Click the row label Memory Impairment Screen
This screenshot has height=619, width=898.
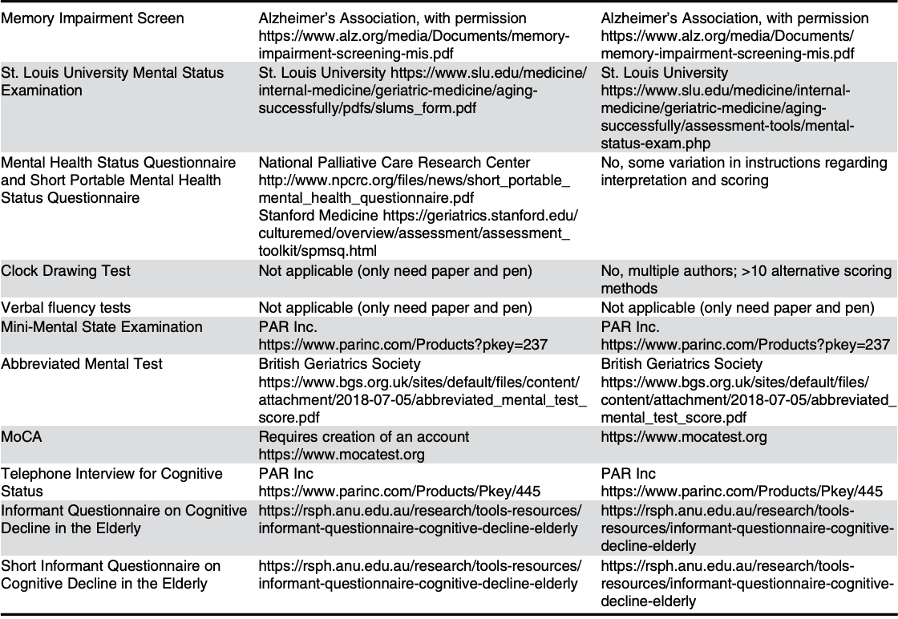point(92,18)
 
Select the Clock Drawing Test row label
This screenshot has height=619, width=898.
point(66,271)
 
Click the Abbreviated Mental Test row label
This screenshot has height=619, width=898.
point(82,363)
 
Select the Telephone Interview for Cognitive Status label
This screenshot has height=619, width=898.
point(111,483)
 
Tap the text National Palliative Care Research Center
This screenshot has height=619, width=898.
point(394,163)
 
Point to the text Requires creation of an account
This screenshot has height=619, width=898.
point(364,437)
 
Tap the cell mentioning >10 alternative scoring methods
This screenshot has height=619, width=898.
point(746,280)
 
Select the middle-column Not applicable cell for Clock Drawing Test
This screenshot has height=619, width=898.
point(394,271)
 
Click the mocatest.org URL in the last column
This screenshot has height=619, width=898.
point(684,437)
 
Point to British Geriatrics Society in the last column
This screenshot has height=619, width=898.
point(682,363)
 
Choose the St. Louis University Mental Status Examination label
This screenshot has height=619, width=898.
point(112,82)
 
